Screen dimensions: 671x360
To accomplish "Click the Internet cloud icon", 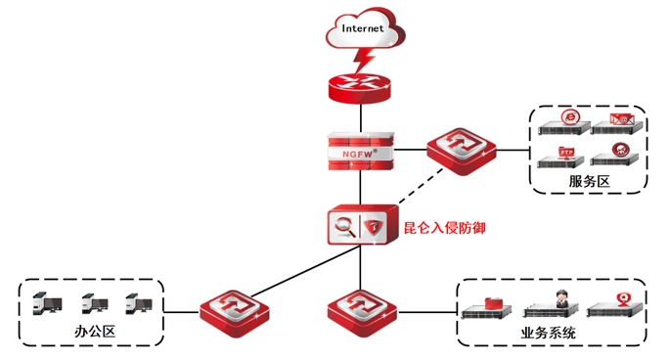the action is (365, 29).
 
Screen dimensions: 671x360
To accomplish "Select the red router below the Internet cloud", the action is (360, 88).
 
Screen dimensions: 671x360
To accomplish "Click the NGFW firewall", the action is (361, 152).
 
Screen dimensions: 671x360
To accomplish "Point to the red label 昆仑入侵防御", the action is (445, 227).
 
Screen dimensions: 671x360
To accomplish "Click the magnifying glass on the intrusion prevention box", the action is (345, 226).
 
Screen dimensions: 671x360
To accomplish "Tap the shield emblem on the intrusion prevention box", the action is (374, 226).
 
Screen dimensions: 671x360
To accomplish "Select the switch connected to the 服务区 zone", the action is (462, 151).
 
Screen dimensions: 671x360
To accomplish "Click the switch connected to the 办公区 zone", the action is (235, 313).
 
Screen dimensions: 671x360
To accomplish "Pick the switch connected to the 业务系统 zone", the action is (362, 313).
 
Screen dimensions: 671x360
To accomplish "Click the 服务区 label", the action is (589, 181).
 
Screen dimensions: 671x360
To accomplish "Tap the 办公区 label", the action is (95, 331).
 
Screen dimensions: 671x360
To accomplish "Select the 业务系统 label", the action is (548, 333).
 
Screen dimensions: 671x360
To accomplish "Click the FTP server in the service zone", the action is (561, 157).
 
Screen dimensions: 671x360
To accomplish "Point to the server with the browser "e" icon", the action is (564, 123).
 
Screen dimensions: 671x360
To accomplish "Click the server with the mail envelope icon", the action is (617, 124).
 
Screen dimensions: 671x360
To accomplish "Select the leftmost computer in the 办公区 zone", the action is (47, 303).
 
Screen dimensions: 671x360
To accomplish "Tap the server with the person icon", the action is (551, 305).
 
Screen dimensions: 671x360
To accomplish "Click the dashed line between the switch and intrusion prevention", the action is (421, 186).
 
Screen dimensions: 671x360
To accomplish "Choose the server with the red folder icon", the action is (487, 308).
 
